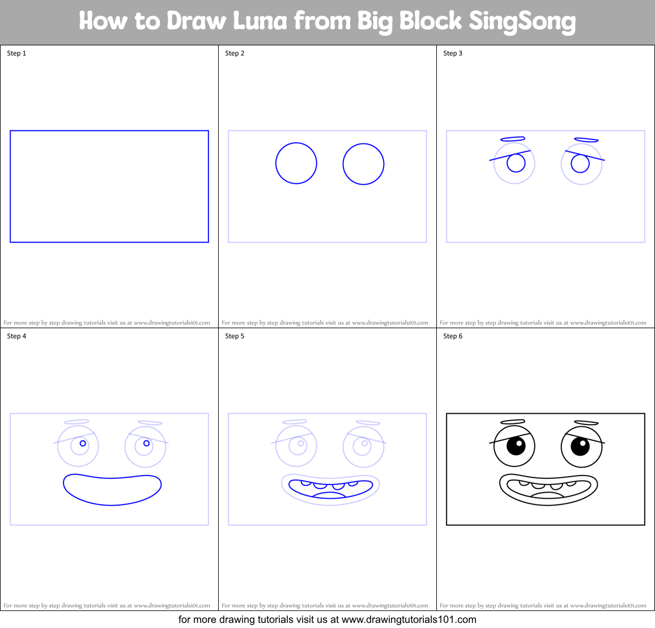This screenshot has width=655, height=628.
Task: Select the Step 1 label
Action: coord(16,53)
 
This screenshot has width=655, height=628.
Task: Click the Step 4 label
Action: coord(16,336)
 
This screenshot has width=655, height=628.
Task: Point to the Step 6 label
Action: coord(453,336)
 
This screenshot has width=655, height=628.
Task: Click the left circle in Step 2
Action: coord(296,163)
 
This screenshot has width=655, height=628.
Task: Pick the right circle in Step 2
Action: coord(363,164)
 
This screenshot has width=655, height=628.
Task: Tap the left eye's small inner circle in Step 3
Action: coord(516,163)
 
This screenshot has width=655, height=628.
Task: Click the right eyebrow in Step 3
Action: coord(586,139)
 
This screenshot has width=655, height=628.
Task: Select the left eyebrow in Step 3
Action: coord(513,139)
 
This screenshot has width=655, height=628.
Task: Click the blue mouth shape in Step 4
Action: coord(112,490)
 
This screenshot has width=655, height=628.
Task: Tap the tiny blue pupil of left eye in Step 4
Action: coord(83,443)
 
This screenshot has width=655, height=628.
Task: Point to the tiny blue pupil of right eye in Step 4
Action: coord(146,443)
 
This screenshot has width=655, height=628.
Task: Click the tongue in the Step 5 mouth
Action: coord(330,495)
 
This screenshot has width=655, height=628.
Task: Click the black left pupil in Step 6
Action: coord(516,446)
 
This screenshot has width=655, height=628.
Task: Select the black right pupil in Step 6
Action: coord(580,446)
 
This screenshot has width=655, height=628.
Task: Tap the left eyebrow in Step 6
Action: coord(513,422)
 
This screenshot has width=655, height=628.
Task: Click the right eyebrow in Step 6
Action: coord(586,423)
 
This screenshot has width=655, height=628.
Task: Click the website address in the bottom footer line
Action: coord(409,619)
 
